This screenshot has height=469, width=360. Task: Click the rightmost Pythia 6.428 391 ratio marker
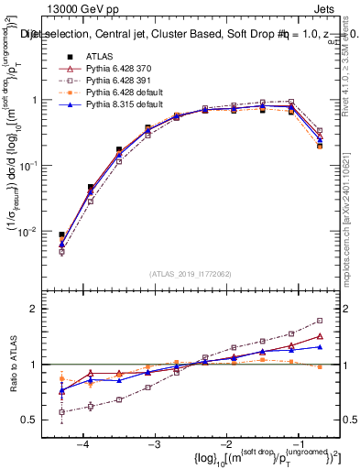(x=320, y=321)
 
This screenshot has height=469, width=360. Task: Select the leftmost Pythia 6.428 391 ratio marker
(x=61, y=412)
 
